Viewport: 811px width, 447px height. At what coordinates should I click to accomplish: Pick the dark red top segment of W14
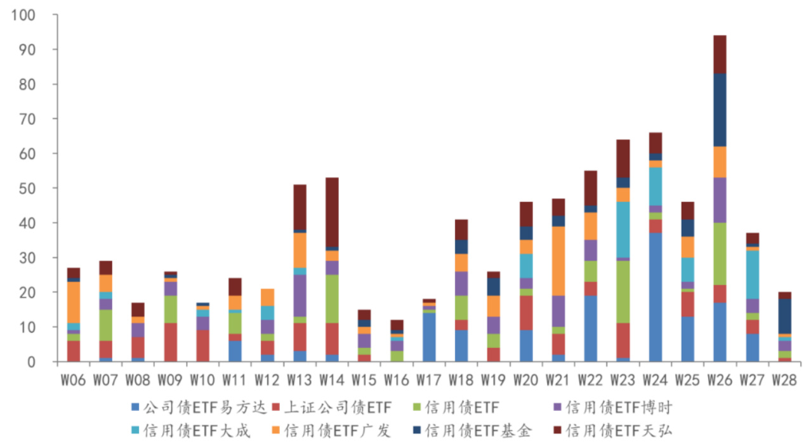click(333, 212)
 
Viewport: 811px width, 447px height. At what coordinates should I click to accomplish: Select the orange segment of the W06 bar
click(74, 302)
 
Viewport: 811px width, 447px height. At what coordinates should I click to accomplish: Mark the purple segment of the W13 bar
click(300, 295)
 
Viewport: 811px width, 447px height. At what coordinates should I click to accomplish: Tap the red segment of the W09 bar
click(171, 342)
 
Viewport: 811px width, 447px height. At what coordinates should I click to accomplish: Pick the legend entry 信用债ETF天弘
click(619, 431)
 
